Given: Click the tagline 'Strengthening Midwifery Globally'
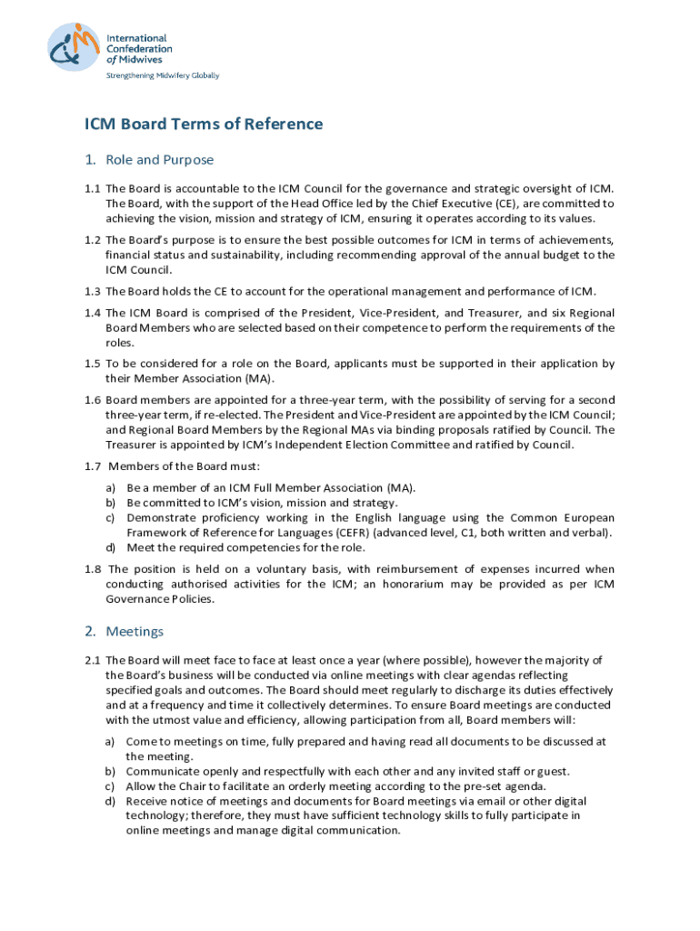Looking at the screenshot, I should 164,75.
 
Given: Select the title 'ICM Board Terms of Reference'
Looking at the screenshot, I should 204,125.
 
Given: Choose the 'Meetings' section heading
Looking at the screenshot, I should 135,631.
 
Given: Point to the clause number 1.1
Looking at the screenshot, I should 92,189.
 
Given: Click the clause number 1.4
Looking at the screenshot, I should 92,313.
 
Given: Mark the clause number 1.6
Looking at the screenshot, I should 92,400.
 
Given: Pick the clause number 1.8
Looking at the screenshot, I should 92,569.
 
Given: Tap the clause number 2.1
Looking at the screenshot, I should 92,660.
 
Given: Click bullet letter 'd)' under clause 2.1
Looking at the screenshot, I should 110,801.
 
